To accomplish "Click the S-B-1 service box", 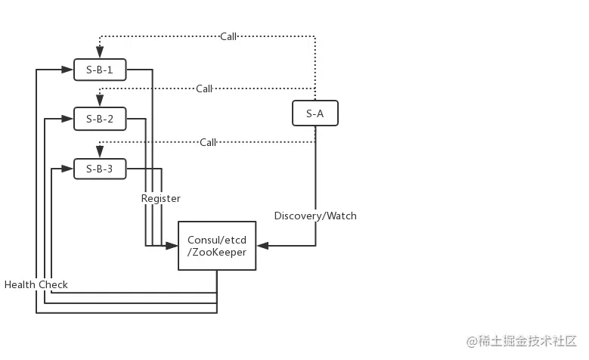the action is (100, 70).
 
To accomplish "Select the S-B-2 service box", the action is (100, 119).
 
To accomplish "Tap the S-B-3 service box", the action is (100, 169).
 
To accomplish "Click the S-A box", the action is (315, 113).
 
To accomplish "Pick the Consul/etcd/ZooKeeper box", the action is (217, 246).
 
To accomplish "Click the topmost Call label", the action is (228, 36).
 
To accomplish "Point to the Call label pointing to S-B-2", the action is (204, 88).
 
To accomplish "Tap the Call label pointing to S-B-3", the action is (208, 142).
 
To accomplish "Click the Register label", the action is (161, 198).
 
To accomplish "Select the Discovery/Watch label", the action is (315, 216).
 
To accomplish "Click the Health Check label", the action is (36, 284).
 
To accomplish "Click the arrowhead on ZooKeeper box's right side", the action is (262, 246).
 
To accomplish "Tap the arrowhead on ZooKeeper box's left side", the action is (172, 246).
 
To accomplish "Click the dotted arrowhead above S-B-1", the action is (100, 52).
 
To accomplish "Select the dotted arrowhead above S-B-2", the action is (100, 101).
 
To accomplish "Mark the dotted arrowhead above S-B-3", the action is (100, 152).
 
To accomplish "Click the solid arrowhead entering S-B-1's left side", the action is (67, 70).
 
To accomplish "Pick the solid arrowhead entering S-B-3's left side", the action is (67, 169).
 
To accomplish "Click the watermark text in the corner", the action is (522, 341).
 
